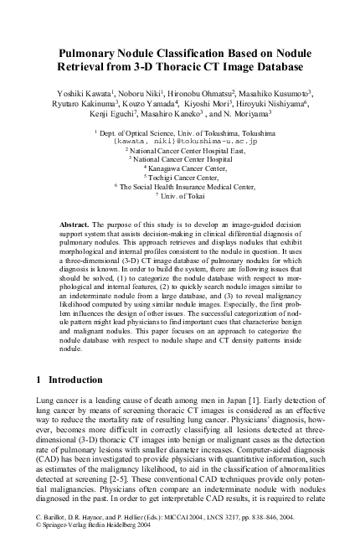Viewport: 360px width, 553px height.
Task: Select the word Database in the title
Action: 272,65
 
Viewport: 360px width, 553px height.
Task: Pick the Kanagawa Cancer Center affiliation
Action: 181,168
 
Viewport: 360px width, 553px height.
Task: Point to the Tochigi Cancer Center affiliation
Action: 181,177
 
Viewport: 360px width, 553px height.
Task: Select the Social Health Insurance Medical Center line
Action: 181,186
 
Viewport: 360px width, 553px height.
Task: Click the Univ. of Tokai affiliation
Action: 181,195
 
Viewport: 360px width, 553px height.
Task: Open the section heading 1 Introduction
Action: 71,380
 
